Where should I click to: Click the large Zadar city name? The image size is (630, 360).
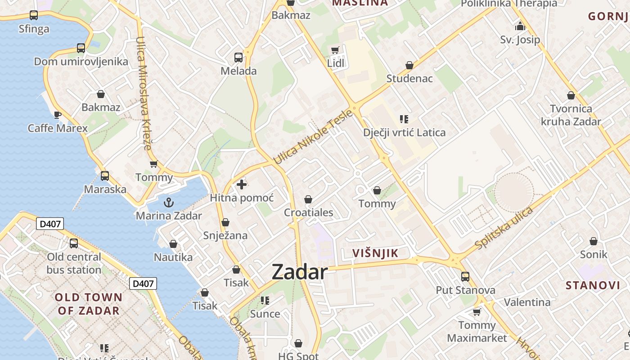[x=300, y=272]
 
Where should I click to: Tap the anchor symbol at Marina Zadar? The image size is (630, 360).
[x=169, y=202]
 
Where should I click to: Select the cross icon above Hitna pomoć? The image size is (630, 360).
[x=242, y=184]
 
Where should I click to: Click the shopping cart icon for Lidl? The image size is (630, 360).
[x=335, y=50]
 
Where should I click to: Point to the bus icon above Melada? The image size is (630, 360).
[x=238, y=58]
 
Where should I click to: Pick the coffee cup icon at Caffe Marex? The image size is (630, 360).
[x=58, y=115]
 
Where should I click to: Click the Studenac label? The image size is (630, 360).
[x=409, y=79]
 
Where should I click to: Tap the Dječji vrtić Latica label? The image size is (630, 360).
[x=405, y=133]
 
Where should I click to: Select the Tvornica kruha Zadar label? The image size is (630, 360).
[x=571, y=115]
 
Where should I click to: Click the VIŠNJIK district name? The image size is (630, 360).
[x=375, y=253]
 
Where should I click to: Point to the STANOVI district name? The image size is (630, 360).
[x=593, y=285]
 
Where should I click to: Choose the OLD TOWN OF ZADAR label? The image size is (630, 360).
[x=89, y=304]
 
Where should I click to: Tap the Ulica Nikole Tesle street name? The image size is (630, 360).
[x=307, y=137]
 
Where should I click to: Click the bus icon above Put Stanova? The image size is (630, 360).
[x=465, y=276]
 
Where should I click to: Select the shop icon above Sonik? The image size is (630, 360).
[x=594, y=241]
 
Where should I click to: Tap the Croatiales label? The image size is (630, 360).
[x=309, y=213]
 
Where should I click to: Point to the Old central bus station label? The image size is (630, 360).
[x=74, y=263]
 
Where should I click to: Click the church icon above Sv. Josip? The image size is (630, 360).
[x=520, y=26]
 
